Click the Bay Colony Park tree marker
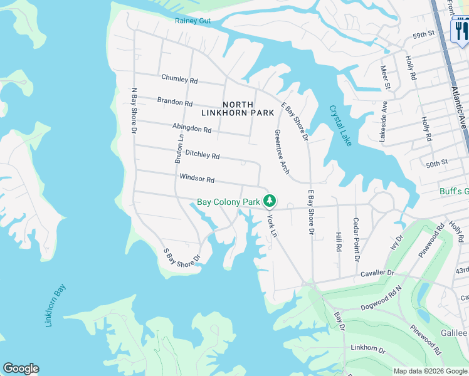tap(270, 201)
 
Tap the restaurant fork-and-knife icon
tap(461, 31)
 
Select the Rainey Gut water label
tap(192, 21)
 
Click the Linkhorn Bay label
tap(56, 306)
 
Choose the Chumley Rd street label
tap(179, 79)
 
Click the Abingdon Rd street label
tap(191, 128)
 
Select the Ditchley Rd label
tap(203, 155)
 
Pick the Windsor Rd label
tap(197, 179)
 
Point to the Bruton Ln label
tap(179, 149)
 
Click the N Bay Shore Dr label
tap(133, 110)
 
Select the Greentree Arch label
tap(281, 152)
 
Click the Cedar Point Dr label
tap(356, 239)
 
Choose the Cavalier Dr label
tap(377, 274)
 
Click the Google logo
tap(21, 368)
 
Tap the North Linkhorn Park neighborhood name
tap(238, 108)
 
